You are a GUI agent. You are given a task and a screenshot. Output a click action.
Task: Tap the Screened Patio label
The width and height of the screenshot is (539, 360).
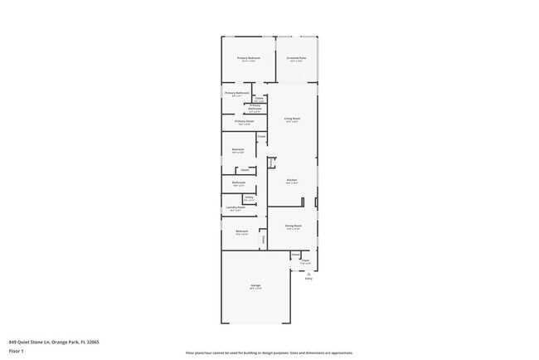click(x=297, y=58)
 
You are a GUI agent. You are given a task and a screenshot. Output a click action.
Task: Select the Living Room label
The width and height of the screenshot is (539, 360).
click(x=292, y=119)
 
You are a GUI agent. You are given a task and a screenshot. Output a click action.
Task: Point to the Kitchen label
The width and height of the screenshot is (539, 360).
click(x=292, y=180)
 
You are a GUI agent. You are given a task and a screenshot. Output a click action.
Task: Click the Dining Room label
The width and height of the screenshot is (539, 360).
click(x=293, y=226)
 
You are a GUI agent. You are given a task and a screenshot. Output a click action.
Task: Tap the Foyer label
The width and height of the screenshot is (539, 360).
click(x=305, y=260)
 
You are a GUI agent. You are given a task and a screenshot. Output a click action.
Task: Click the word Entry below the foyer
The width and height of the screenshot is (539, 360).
click(x=308, y=279)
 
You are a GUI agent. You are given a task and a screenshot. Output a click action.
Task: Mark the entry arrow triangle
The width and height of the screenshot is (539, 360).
click(x=308, y=274)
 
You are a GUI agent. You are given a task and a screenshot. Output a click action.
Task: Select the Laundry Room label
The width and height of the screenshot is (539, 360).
click(x=236, y=207)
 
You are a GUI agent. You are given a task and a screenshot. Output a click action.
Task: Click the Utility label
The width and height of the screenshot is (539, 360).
click(x=249, y=197)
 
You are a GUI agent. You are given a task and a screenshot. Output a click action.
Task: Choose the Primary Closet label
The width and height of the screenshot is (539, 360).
click(x=244, y=121)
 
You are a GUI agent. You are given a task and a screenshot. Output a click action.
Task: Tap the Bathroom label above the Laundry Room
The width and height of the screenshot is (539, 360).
click(x=239, y=182)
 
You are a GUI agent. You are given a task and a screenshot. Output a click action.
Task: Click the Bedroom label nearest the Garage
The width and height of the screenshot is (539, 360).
click(x=241, y=231)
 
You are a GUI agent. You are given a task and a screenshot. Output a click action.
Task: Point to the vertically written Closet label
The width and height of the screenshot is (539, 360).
click(x=265, y=240)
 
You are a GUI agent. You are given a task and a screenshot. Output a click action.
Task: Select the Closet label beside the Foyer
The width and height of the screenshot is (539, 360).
click(x=295, y=255)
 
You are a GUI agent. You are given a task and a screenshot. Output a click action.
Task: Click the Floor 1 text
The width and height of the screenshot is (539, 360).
click(x=17, y=351)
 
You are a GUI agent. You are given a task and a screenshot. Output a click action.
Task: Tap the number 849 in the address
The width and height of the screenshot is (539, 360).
click(x=12, y=341)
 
